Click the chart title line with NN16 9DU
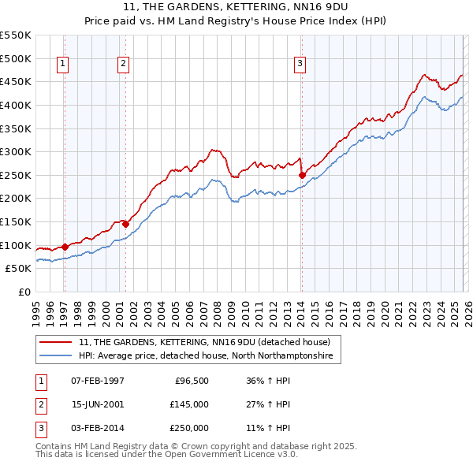(x=236, y=7)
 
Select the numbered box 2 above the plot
(x=124, y=65)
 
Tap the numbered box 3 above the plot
(x=300, y=65)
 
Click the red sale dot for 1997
(x=65, y=247)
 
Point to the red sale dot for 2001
(x=125, y=224)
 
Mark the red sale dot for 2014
(x=302, y=175)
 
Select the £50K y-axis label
(x=19, y=269)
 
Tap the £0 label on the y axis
(x=24, y=292)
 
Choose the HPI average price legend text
(x=206, y=356)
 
